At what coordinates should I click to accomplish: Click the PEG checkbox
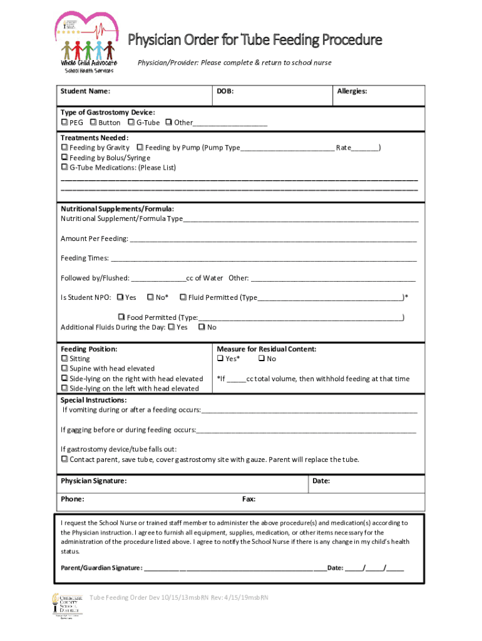tap(64, 123)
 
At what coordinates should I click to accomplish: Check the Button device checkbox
tap(93, 123)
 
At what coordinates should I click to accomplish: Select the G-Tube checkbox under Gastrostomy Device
tap(131, 123)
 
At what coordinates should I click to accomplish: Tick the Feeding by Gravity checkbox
tap(64, 148)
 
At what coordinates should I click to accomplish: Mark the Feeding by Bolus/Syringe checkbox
tap(64, 158)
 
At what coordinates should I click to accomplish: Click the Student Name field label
tap(85, 91)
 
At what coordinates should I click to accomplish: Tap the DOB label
tap(225, 91)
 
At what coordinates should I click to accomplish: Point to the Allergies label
tap(352, 91)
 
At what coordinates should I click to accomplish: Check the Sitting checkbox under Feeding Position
tap(64, 359)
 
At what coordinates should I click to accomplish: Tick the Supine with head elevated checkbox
tap(64, 369)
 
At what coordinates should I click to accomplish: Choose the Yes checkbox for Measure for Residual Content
tap(220, 359)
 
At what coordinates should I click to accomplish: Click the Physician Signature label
tap(93, 481)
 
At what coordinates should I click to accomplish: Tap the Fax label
tap(249, 500)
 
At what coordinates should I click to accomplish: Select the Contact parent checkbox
tap(64, 459)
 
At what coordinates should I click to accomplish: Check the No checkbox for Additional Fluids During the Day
tap(202, 327)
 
